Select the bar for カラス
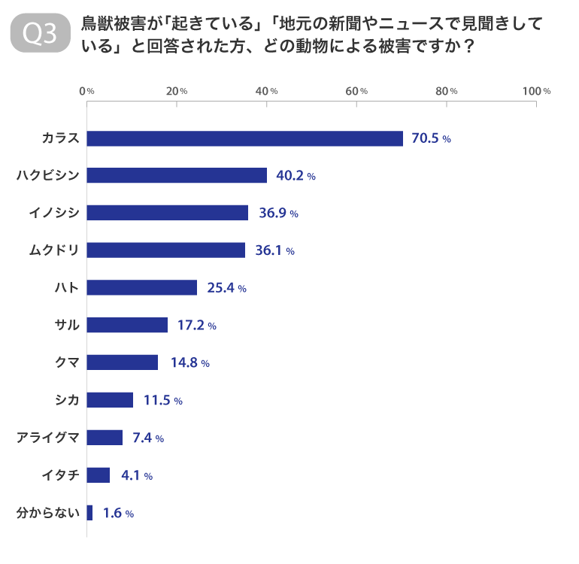tap(245, 138)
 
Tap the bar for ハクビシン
tap(177, 175)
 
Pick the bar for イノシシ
tap(168, 213)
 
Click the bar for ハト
tap(142, 287)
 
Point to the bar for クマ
tap(123, 362)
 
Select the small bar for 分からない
tap(90, 513)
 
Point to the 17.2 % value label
tap(196, 326)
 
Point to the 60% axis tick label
tap(356, 91)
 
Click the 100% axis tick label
tap(536, 91)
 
